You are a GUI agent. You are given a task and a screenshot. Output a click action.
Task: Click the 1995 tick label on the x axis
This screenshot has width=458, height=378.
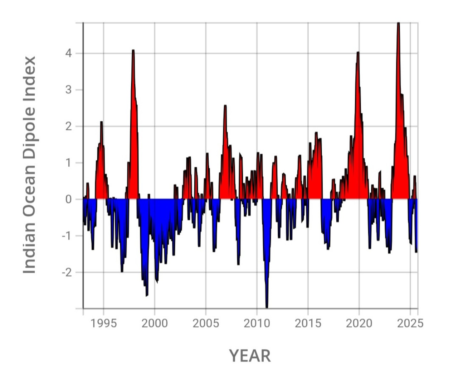click(103, 324)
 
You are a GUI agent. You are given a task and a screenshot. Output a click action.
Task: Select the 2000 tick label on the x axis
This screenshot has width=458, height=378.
click(155, 324)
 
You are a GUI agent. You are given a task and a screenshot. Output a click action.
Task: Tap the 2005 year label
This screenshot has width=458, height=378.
click(206, 324)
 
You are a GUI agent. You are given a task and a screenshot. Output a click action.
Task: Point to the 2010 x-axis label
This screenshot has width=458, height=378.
click(257, 324)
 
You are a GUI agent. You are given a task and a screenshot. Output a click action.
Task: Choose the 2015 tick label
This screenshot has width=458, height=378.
click(308, 324)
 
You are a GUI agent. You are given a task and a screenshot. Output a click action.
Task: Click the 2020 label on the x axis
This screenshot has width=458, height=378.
click(359, 324)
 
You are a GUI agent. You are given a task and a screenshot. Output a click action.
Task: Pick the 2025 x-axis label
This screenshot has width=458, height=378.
click(410, 324)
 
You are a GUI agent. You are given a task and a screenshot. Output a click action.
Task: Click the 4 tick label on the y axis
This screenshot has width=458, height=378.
click(69, 53)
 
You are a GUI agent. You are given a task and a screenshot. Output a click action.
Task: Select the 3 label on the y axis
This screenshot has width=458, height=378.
click(68, 90)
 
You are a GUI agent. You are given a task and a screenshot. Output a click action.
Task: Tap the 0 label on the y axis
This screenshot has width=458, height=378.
click(69, 199)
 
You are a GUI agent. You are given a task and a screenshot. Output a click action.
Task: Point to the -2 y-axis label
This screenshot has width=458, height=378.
click(67, 272)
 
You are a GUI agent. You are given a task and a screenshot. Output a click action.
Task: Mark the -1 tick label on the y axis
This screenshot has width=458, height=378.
click(67, 236)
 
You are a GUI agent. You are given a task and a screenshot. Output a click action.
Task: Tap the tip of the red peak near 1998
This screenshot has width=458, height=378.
click(133, 50)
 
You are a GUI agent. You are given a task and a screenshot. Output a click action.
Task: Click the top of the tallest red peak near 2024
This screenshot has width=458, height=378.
click(398, 23)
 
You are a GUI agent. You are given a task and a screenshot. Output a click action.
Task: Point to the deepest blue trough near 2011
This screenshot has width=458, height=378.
click(267, 307)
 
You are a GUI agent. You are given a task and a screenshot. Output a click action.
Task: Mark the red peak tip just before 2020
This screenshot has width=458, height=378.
click(358, 52)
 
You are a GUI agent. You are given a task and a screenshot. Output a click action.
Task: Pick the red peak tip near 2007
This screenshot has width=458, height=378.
click(225, 106)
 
